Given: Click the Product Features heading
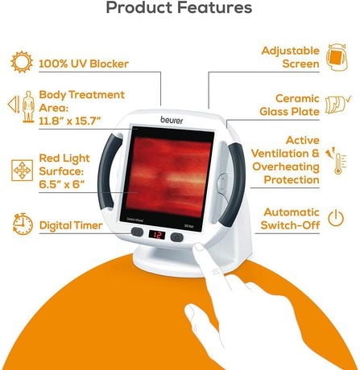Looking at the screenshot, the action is [179, 7].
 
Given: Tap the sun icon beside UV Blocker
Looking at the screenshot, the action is [22, 62].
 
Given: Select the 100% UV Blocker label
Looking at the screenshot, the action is [84, 64].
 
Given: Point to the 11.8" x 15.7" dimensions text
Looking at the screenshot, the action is [70, 121].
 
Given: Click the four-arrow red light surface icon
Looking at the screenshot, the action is [23, 171].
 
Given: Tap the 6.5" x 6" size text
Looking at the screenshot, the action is [62, 184].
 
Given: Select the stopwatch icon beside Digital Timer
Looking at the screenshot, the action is [23, 224].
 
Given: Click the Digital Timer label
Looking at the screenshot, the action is [71, 225].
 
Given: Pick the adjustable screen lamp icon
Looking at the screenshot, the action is [337, 57].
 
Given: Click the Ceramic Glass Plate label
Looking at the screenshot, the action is [290, 105].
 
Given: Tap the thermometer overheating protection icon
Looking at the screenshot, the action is [337, 161].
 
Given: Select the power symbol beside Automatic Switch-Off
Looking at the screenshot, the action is [336, 218].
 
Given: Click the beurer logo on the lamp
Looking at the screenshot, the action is [172, 120].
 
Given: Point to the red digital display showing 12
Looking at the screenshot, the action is [157, 235].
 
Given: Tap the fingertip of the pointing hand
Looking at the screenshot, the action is [199, 247].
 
